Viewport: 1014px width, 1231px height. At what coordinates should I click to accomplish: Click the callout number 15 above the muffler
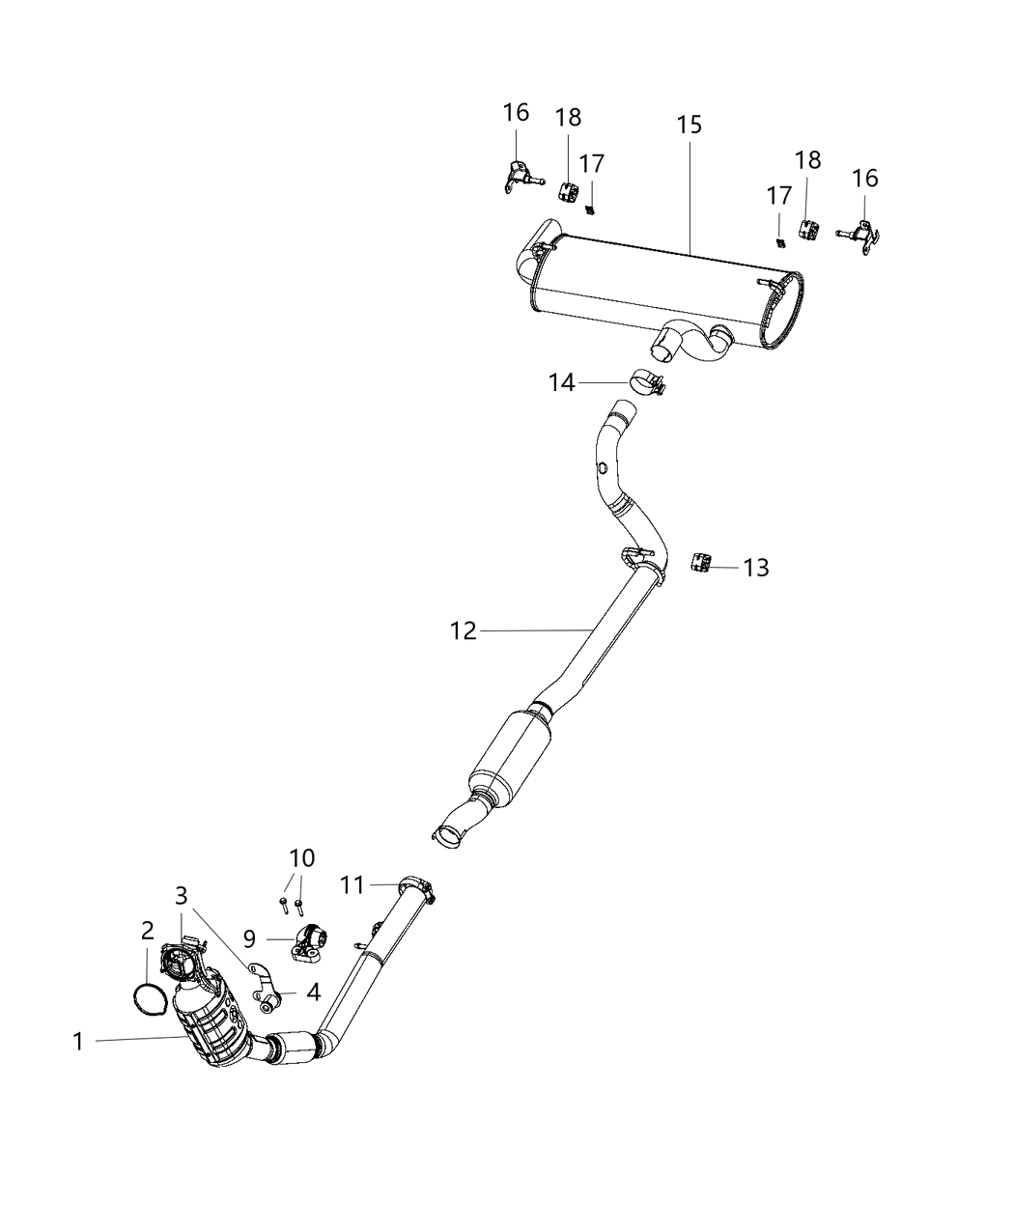coord(689,126)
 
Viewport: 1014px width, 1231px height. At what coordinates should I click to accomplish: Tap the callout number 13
coord(756,568)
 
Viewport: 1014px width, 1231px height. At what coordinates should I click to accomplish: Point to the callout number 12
coord(464,631)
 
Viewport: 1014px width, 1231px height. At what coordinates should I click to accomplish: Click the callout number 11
coord(352,883)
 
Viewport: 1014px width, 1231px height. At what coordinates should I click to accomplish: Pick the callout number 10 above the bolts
coord(301,857)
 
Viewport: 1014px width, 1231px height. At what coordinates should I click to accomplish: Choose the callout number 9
coord(249,937)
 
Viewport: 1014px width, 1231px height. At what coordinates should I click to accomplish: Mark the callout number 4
coord(313,992)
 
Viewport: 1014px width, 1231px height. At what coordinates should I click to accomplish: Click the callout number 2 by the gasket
coord(147,931)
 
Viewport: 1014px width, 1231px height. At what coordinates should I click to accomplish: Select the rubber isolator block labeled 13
coord(701,562)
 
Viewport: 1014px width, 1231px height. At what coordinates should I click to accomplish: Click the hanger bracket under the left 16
coord(515,177)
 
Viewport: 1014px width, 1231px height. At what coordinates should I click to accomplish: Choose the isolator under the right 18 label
coord(807,230)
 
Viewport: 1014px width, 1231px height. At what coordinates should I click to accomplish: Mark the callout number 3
coord(181,896)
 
